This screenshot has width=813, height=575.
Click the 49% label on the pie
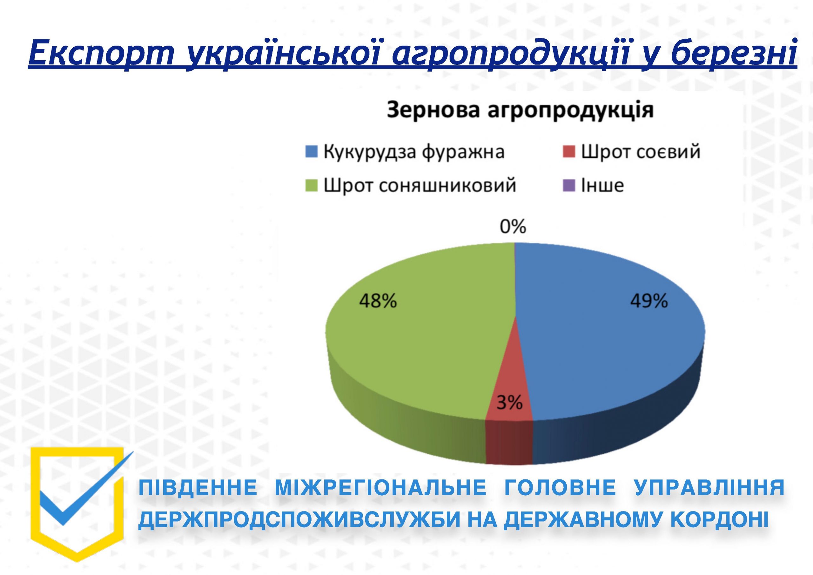coord(649,301)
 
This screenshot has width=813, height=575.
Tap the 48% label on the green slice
coord(378,301)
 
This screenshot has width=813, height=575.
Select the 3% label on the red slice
coord(509,403)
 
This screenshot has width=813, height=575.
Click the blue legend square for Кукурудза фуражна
coord(311,152)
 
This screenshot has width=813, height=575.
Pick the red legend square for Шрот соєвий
coord(569,152)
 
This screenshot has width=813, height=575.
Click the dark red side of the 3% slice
coord(509,442)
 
